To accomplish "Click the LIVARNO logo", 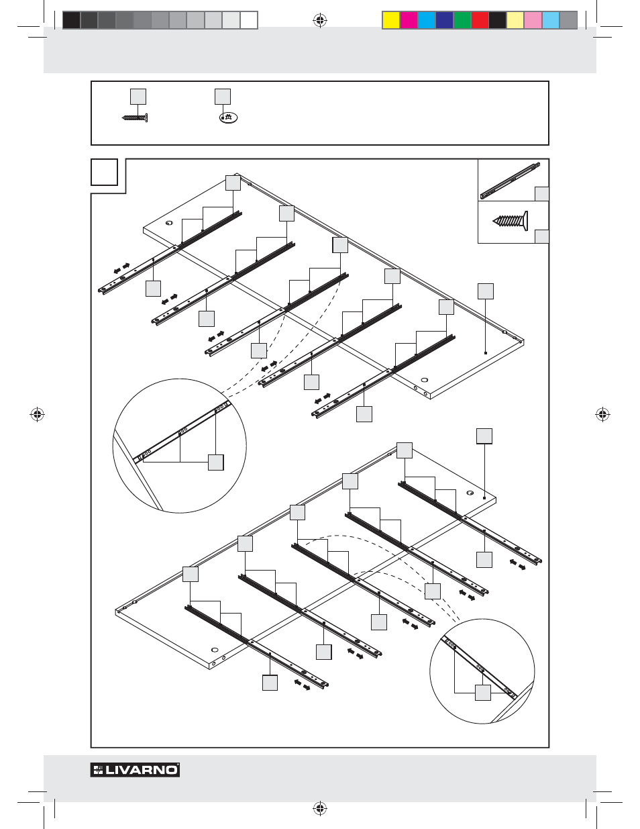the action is [x=135, y=770].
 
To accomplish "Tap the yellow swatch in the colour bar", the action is [x=391, y=20].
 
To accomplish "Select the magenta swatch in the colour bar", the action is [x=409, y=20].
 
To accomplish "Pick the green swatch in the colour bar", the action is [x=462, y=20].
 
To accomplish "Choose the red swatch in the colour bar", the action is [x=480, y=20].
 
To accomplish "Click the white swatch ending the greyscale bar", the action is [x=249, y=20].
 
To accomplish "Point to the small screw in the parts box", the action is [x=135, y=118].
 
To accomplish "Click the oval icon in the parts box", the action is [x=228, y=117].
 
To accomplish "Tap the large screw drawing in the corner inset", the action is [x=511, y=221].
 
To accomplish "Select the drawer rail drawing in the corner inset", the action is [x=510, y=181].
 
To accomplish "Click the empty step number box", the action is [x=104, y=172].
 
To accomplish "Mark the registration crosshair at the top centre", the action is [x=320, y=20].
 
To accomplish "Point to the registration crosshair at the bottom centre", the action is [x=320, y=808].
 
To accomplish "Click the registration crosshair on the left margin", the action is [x=38, y=414].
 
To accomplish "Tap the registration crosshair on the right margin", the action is [x=602, y=414].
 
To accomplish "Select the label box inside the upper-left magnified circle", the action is [x=216, y=462].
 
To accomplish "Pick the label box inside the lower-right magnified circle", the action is [x=483, y=693].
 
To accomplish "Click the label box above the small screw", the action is [x=138, y=97].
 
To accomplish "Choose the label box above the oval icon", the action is [x=223, y=97].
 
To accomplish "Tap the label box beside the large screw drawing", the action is [x=541, y=236].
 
